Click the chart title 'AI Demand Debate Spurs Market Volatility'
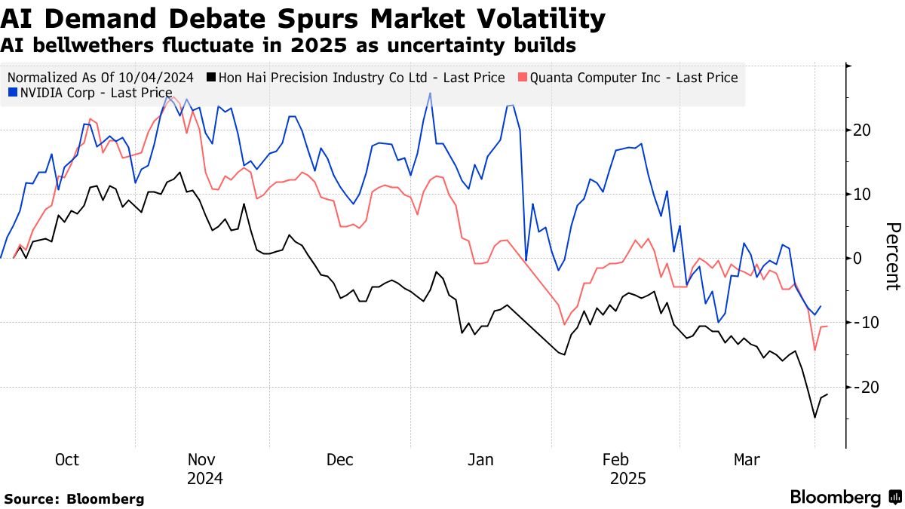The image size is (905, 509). pyautogui.click(x=302, y=19)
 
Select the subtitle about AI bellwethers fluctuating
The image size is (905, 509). pyautogui.click(x=288, y=45)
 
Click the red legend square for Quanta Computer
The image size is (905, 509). pyautogui.click(x=522, y=78)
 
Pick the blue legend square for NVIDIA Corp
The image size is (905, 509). pyautogui.click(x=12, y=93)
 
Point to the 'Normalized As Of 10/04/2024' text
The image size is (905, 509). pyautogui.click(x=101, y=78)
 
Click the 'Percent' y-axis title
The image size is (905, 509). pyautogui.click(x=892, y=256)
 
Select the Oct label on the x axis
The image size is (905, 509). pyautogui.click(x=67, y=460)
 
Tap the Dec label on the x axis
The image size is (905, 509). pyautogui.click(x=340, y=460)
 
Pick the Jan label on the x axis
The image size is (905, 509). pyautogui.click(x=480, y=460)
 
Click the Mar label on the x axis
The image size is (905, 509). pyautogui.click(x=748, y=460)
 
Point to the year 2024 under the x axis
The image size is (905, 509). pyautogui.click(x=205, y=478)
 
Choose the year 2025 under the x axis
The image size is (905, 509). pyautogui.click(x=627, y=478)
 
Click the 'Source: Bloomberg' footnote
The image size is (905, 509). pyautogui.click(x=74, y=498)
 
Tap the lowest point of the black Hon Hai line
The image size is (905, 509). pyautogui.click(x=814, y=417)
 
